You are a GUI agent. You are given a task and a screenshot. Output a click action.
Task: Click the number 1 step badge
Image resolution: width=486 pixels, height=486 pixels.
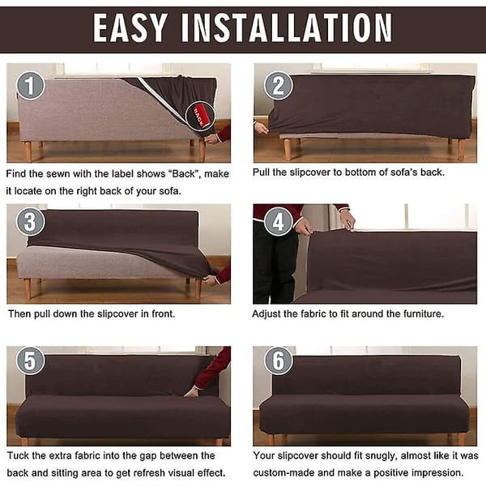31,86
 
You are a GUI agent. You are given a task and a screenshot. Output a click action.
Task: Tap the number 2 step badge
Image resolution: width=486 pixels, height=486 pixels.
279,86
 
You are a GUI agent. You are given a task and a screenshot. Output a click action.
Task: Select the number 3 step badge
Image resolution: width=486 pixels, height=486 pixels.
31,221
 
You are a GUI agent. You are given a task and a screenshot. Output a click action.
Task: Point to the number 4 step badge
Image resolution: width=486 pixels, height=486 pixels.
279,221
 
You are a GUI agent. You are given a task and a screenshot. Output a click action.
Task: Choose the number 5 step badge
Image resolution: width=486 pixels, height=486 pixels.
31,360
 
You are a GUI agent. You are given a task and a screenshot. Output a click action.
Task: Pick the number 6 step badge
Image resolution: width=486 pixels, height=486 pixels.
279,360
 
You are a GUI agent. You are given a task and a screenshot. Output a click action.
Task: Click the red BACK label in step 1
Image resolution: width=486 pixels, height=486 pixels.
201,116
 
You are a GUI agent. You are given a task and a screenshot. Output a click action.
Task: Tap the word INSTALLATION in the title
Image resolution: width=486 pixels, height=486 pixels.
287,28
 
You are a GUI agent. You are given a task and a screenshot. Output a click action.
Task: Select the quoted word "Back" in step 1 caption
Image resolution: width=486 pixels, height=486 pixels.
184,174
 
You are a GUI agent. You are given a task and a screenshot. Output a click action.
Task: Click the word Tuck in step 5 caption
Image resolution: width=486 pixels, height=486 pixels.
18,455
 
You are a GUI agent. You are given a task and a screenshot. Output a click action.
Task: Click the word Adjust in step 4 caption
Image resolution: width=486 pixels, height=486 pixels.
266,314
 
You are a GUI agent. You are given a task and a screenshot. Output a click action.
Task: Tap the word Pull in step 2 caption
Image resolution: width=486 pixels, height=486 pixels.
261,173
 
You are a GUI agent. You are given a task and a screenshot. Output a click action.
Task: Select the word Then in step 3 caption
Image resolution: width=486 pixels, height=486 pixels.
19,314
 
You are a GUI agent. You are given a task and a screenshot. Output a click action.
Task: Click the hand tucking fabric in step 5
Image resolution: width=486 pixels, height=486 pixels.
191,391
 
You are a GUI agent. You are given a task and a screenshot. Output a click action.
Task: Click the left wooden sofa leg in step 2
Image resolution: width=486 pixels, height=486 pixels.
288,149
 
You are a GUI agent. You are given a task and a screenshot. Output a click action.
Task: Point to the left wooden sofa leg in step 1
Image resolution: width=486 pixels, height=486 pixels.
28,151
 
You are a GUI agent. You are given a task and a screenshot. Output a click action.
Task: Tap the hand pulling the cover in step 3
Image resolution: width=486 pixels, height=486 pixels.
210,280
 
